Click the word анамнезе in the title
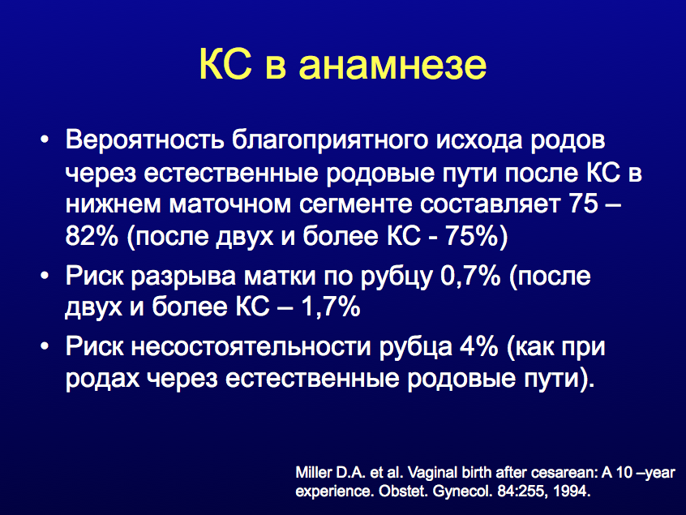(392, 64)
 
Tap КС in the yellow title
(225, 64)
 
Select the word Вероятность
(145, 140)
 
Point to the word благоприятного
(330, 140)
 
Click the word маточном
(230, 204)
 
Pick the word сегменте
(355, 204)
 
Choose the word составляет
(491, 204)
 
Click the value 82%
(92, 236)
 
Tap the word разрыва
(183, 277)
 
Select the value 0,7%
(470, 276)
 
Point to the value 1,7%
(330, 307)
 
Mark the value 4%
(479, 346)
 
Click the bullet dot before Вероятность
(44, 141)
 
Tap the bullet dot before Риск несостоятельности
(44, 347)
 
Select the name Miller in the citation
(313, 473)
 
